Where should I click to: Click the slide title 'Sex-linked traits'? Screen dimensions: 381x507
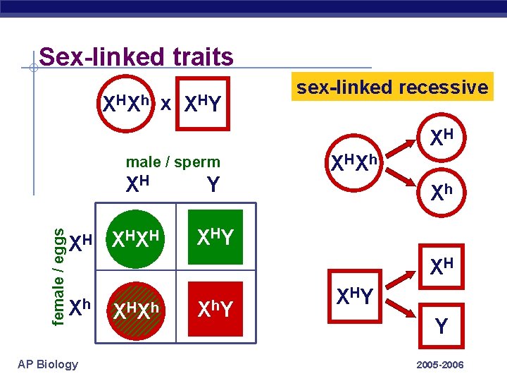click(x=136, y=56)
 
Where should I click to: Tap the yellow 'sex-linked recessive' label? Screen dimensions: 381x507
click(x=392, y=87)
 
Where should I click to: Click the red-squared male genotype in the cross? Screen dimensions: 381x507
click(x=203, y=104)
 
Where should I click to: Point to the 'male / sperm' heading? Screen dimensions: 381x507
click(x=173, y=162)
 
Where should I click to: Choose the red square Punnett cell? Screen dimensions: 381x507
click(x=215, y=309)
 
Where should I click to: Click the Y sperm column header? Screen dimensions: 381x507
click(x=212, y=185)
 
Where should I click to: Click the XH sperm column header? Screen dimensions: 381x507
click(x=137, y=184)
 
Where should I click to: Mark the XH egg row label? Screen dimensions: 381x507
click(x=80, y=242)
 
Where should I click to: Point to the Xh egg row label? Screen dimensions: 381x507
click(x=80, y=306)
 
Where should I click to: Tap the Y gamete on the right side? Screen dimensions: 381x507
click(x=441, y=327)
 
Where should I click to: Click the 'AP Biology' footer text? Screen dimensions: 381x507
click(x=48, y=364)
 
